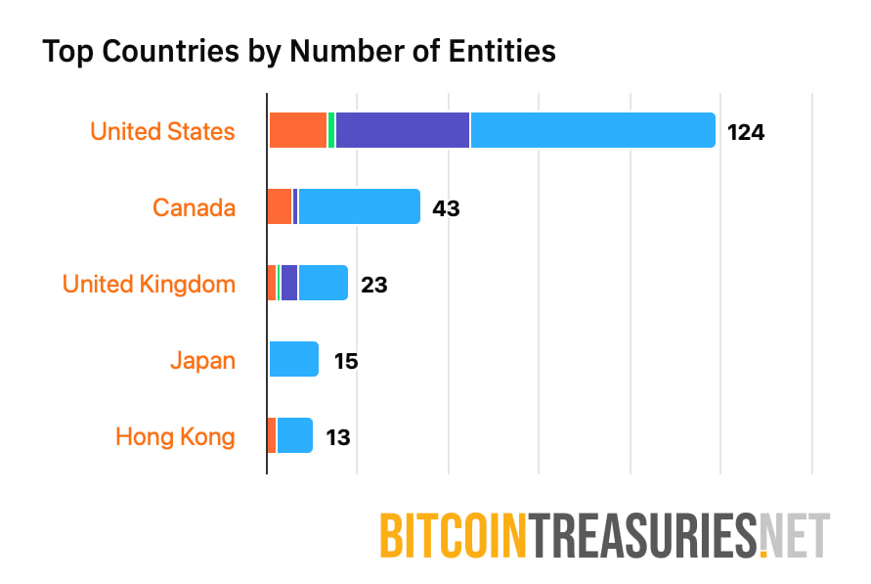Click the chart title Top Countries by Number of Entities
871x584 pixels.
coord(298,51)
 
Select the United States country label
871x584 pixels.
coord(162,131)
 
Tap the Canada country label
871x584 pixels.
coord(194,207)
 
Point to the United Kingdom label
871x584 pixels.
coord(149,284)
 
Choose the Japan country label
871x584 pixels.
coord(202,360)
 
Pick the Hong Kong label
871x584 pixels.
coord(175,436)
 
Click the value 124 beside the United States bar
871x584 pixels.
coord(745,132)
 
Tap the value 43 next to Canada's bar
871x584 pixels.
coord(446,208)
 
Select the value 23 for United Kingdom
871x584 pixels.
coord(373,285)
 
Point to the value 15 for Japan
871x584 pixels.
coord(345,361)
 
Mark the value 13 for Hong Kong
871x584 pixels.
coord(338,437)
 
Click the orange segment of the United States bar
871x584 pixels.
coord(297,130)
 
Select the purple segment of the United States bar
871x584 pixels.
coord(402,130)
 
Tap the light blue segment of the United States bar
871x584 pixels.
coord(592,130)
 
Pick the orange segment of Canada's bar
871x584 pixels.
coord(280,206)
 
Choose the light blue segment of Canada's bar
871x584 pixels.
coord(359,206)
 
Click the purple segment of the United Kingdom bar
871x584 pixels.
coord(288,283)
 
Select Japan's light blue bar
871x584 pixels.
coord(293,359)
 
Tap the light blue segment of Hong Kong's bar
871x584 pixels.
coord(294,435)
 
